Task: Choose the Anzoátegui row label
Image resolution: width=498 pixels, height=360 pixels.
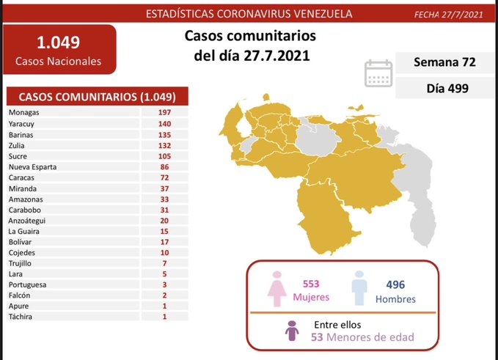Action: point(27,221)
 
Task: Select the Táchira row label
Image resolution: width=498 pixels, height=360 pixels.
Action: point(21,316)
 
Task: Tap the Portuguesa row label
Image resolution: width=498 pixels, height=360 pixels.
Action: point(27,284)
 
